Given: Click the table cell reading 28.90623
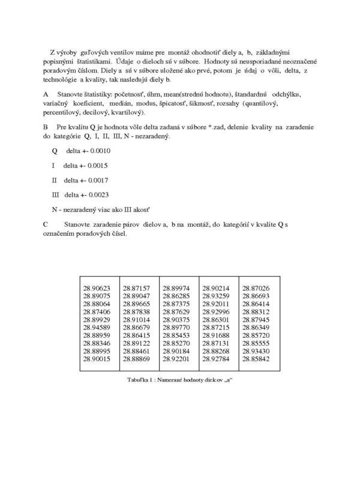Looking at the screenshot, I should click(97, 288).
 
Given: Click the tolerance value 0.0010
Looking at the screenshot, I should click(97, 151).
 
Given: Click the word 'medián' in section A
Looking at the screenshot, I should click(119, 103).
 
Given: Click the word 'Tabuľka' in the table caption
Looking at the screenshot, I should click(139, 380).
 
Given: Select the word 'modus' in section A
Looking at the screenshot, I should click(148, 103).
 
